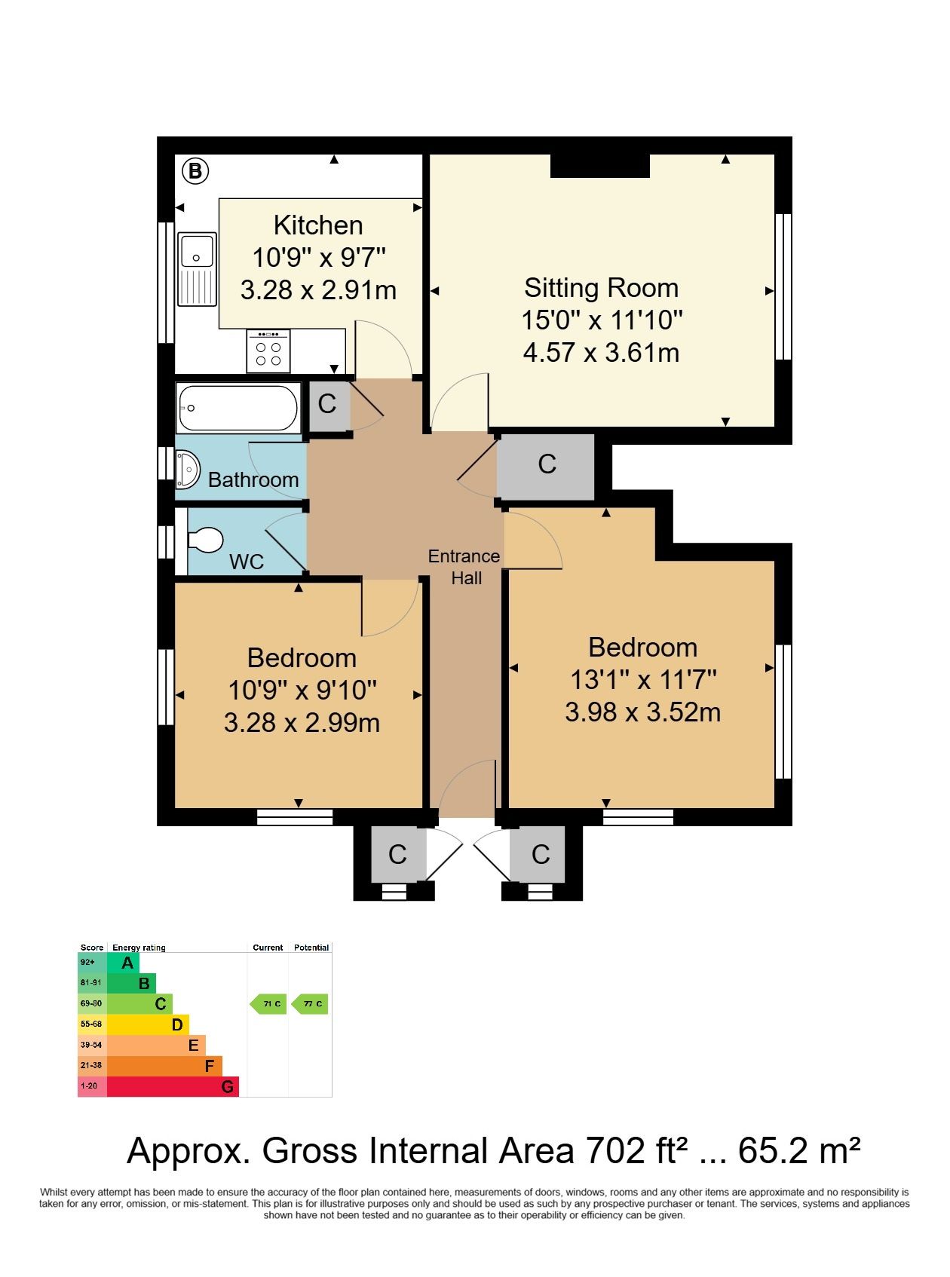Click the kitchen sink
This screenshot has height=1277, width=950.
tap(197, 269)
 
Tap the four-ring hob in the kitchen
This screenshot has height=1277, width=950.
tap(268, 351)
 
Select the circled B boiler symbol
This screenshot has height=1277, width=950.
tap(195, 171)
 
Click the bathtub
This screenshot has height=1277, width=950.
tap(238, 408)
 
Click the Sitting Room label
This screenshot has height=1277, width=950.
tap(601, 288)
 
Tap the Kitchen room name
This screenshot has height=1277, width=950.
tap(318, 225)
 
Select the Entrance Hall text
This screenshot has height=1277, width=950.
tap(464, 567)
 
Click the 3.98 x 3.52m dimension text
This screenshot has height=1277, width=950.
tap(643, 712)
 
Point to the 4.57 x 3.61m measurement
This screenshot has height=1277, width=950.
tap(601, 352)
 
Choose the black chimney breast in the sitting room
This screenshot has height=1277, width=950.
tap(600, 166)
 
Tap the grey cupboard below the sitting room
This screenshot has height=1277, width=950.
tap(546, 467)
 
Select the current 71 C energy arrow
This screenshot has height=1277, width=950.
tap(268, 1003)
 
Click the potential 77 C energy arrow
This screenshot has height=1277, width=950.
tap(309, 1003)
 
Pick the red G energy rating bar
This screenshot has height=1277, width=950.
tap(173, 1086)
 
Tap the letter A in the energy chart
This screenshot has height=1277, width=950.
tap(127, 963)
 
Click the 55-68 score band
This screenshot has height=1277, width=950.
tap(91, 1024)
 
